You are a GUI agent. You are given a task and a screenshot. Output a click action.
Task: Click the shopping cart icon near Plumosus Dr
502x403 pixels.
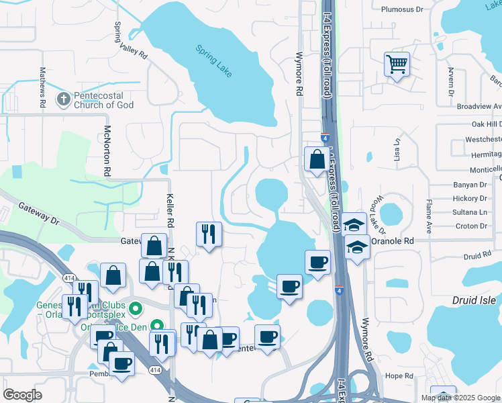[397, 65]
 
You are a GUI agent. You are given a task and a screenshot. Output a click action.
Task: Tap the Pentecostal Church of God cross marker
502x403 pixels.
[64, 99]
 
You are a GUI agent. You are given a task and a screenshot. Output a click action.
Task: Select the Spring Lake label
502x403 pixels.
[214, 60]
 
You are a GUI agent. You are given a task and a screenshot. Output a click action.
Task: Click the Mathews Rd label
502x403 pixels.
[42, 87]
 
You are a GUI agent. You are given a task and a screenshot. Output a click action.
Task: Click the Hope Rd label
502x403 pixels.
[398, 375]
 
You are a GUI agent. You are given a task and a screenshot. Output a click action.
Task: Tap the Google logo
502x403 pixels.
[22, 395]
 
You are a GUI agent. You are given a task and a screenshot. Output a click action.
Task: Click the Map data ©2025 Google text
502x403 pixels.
[460, 398]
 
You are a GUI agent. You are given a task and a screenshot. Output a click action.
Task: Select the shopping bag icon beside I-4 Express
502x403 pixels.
[316, 160]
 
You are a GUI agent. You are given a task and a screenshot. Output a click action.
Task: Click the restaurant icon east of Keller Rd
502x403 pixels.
[209, 234]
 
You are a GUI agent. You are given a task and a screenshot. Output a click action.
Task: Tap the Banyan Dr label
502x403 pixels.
[469, 185]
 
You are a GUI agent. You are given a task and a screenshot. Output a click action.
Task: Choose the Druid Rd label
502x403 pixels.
[477, 256]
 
